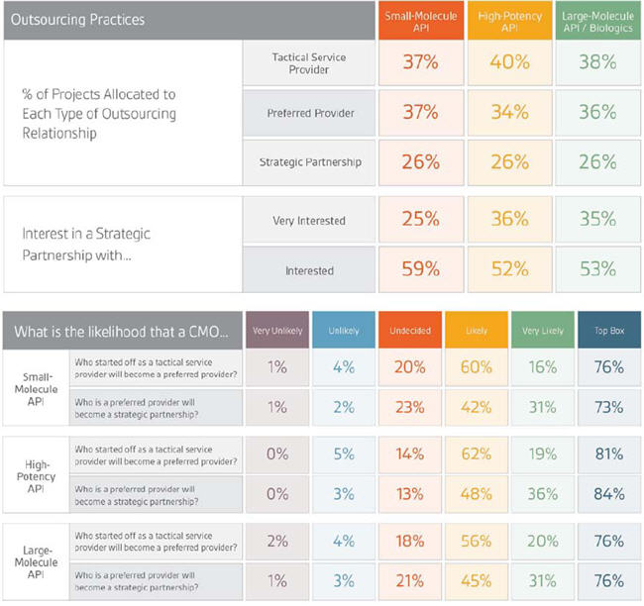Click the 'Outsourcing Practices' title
(x=75, y=20)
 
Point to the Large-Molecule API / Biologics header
(x=597, y=20)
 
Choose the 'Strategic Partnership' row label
(x=310, y=161)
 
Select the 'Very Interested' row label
(x=309, y=221)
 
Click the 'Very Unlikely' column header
(x=277, y=331)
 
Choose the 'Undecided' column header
(x=410, y=331)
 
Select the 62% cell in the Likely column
(x=478, y=454)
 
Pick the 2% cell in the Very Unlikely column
(x=277, y=542)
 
